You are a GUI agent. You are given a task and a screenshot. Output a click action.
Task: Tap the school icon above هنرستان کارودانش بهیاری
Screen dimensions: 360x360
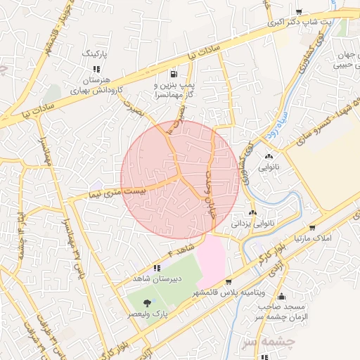pyautogui.click(x=96, y=69)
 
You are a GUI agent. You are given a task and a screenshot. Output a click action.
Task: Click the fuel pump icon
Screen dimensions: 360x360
pyautogui.click(x=174, y=73)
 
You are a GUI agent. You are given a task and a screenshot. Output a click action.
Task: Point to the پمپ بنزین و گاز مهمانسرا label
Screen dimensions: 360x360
pyautogui.click(x=173, y=89)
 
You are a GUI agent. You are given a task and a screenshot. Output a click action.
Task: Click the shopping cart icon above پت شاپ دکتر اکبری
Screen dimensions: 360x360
pyautogui.click(x=299, y=12)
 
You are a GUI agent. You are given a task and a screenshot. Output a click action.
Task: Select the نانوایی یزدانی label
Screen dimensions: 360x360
pyautogui.click(x=253, y=224)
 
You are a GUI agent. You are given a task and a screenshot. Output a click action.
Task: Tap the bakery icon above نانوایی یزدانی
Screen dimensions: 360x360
pyautogui.click(x=253, y=212)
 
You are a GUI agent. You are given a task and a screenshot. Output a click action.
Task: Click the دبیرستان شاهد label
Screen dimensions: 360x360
pyautogui.click(x=158, y=278)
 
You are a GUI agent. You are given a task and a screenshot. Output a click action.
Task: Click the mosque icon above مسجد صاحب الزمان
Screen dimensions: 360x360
pyautogui.click(x=281, y=297)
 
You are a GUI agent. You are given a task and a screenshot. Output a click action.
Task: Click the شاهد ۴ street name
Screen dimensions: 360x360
pyautogui.click(x=180, y=251)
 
